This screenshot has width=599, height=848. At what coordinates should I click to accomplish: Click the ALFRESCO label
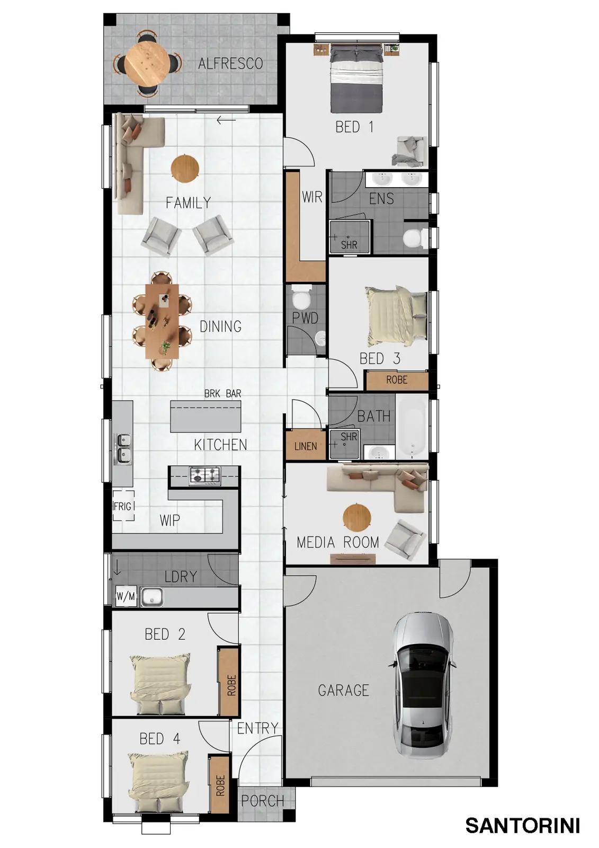click(230, 63)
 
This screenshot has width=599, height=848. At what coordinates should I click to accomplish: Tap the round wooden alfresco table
click(148, 64)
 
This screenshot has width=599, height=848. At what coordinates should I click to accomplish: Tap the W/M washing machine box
click(126, 596)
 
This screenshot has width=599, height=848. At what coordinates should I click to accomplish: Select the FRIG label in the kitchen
click(122, 506)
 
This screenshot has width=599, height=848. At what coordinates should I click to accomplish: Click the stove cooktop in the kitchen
click(205, 475)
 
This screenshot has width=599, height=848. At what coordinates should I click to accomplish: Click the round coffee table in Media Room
click(357, 517)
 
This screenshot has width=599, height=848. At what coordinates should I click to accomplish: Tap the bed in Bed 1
click(356, 78)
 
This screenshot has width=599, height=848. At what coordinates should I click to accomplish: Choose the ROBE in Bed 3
click(397, 379)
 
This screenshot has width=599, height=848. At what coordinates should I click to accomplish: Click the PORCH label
click(263, 801)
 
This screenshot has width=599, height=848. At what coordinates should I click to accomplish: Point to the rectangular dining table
click(163, 321)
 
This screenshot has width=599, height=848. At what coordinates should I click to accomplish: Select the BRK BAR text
click(222, 394)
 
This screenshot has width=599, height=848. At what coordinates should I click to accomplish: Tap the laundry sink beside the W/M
click(152, 597)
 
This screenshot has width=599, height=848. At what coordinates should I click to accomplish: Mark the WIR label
click(312, 197)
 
